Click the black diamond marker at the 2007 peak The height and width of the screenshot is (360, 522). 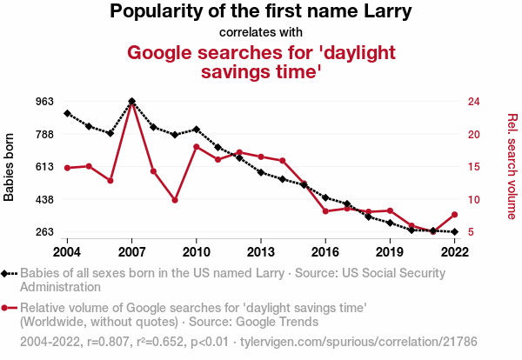pyautogui.click(x=131, y=102)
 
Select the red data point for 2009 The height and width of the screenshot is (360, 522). pyautogui.click(x=175, y=200)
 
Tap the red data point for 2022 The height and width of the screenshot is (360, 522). pyautogui.click(x=455, y=215)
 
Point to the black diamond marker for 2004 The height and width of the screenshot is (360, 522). pyautogui.click(x=67, y=114)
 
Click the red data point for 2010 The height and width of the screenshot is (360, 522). pyautogui.click(x=197, y=147)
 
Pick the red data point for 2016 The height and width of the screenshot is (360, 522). pyautogui.click(x=325, y=211)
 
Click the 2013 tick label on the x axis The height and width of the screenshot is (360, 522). pyautogui.click(x=261, y=251)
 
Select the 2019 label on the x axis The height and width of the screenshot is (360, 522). pyautogui.click(x=390, y=251)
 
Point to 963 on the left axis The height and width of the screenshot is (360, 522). pyautogui.click(x=44, y=102)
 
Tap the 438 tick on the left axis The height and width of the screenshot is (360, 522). pyautogui.click(x=44, y=200)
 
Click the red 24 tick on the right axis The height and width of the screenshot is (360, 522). pyautogui.click(x=474, y=102)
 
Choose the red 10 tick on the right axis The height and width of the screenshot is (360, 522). pyautogui.click(x=474, y=200)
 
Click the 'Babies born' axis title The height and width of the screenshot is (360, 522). pyautogui.click(x=10, y=167)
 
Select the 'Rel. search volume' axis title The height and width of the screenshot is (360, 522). pyautogui.click(x=512, y=167)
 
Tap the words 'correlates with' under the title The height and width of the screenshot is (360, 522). pyautogui.click(x=261, y=33)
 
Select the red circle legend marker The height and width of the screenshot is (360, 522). pyautogui.click(x=6, y=308)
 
